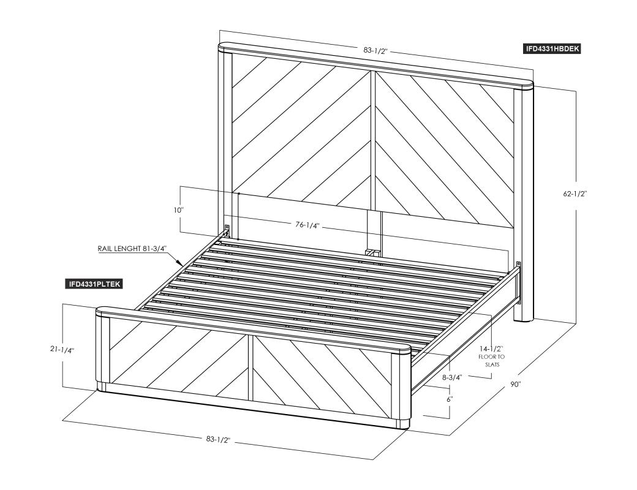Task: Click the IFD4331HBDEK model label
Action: pos(552,49)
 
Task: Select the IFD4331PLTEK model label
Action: pos(94,284)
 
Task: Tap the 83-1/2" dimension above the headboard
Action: pos(376,51)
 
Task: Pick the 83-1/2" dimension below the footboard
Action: pos(218,439)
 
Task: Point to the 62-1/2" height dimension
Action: pos(575,194)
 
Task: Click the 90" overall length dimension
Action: pos(516,384)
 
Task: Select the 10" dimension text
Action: pos(178,210)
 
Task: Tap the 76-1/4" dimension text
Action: pos(307,225)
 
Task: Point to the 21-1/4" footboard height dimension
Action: pos(62,349)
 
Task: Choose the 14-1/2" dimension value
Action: pos(491,349)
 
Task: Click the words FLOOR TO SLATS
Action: pos(492,361)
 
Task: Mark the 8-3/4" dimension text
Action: pos(452,377)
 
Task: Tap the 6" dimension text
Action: pos(450,399)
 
